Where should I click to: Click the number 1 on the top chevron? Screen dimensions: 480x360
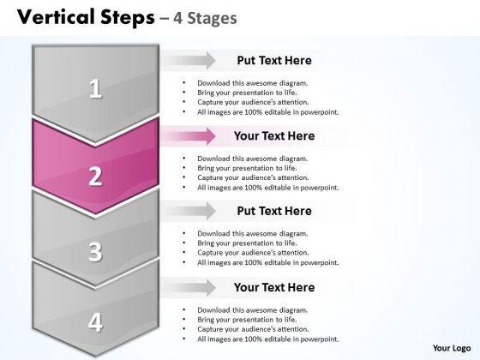pos(95,88)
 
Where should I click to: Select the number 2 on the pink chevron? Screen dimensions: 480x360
pos(95,177)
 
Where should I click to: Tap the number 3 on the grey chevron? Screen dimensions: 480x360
pos(95,252)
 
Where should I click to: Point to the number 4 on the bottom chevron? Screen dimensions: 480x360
pos(95,322)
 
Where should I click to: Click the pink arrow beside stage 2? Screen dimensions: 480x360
pos(189,136)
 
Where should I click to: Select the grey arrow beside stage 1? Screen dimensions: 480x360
pos(189,60)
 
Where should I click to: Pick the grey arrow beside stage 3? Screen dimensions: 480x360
pos(189,211)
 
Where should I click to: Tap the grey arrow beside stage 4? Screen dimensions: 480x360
pos(189,287)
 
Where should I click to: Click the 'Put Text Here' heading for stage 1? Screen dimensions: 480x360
pos(274,60)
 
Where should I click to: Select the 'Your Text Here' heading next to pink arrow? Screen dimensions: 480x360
pos(274,136)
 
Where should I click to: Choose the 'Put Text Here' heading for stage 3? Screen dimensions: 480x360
pos(274,211)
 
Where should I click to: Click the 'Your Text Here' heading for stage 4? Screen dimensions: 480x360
pos(274,287)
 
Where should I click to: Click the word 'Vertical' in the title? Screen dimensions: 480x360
pos(56,17)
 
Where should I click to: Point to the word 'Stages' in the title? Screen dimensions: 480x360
pos(212,18)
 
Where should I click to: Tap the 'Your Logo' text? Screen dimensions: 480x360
pos(452,348)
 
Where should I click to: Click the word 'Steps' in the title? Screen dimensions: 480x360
pos(128,18)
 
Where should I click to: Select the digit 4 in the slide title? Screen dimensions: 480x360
pos(177,18)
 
